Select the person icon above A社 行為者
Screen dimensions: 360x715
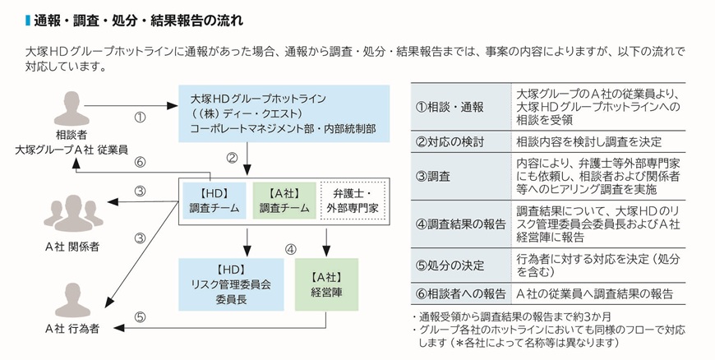click(72, 298)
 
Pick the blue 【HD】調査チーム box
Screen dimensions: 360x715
click(213, 201)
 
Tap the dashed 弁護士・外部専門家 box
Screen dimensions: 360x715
click(352, 201)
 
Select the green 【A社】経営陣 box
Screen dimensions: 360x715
click(328, 284)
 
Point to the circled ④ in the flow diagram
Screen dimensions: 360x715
click(290, 248)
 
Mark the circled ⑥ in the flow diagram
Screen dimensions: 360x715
click(140, 162)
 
